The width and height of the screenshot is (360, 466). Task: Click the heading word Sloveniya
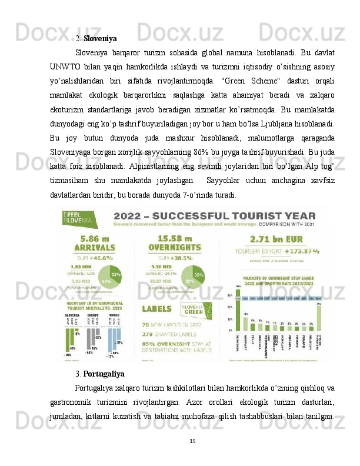click(100, 39)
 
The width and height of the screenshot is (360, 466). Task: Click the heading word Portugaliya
click(104, 373)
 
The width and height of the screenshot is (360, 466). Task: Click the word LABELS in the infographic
click(156, 307)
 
